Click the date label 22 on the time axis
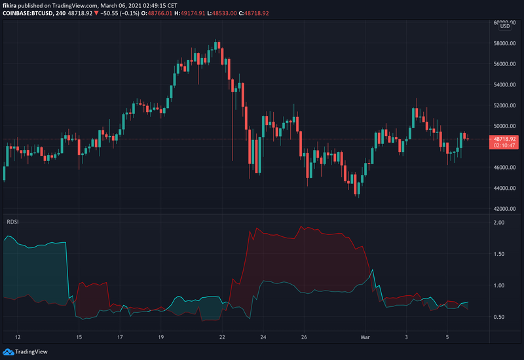(x=222, y=337)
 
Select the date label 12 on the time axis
(x=18, y=337)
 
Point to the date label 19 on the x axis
(x=160, y=337)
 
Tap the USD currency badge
(x=505, y=26)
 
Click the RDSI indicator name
(x=12, y=222)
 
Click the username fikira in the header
(x=10, y=5)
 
